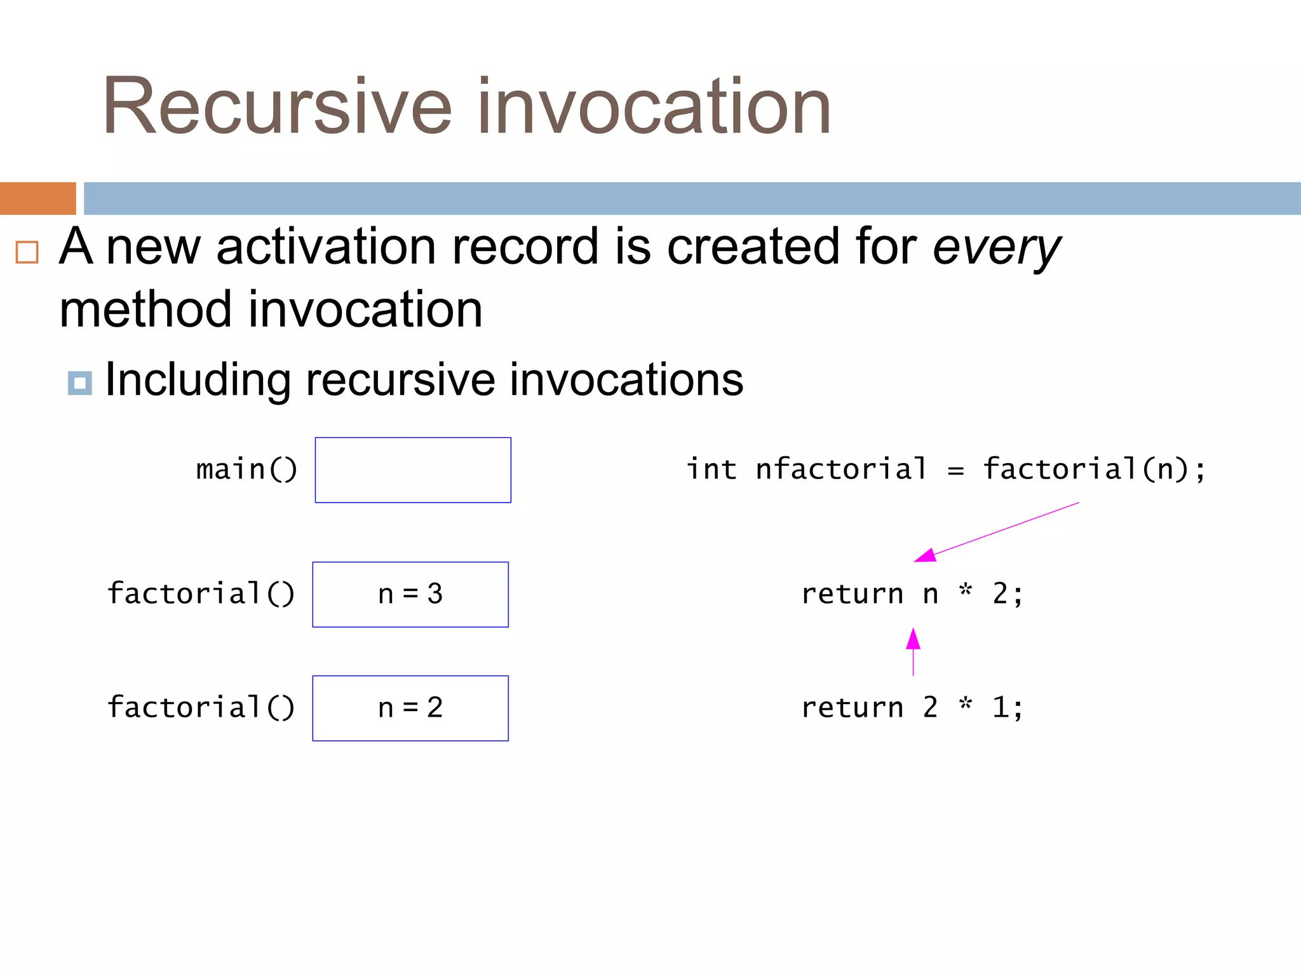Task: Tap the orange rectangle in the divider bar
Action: click(37, 198)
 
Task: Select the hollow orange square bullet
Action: click(27, 252)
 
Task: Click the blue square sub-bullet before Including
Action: click(79, 383)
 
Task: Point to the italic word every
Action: click(995, 248)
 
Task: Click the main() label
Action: click(246, 470)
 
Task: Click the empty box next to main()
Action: click(413, 470)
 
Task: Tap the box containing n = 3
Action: click(410, 594)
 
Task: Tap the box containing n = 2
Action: click(410, 708)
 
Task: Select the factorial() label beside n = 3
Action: click(201, 594)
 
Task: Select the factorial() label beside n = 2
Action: click(201, 708)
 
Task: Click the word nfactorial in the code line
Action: click(841, 470)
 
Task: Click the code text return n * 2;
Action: click(912, 594)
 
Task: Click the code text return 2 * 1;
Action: click(912, 708)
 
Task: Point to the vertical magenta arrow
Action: click(913, 651)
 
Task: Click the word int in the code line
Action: click(711, 470)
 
